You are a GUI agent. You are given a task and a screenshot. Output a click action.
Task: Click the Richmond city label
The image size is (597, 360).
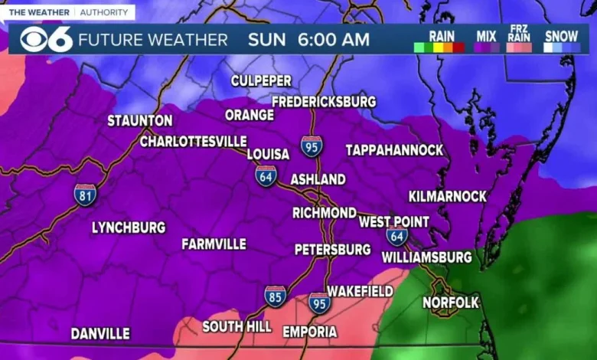coord(325,212)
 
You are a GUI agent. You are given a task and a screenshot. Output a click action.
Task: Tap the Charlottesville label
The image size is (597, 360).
coord(193,141)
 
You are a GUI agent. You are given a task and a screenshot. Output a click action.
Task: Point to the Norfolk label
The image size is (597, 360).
coord(451,303)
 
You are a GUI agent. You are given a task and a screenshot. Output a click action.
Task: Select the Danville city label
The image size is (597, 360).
coord(100,334)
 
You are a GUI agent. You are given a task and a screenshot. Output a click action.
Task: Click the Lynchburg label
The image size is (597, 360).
coord(129,227)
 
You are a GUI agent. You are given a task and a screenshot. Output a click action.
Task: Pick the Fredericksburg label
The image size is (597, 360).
coord(324,101)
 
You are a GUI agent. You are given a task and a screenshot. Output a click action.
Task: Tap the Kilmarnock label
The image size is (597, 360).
coord(448,196)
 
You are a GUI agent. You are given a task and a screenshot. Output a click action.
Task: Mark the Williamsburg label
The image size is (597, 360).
coord(426,257)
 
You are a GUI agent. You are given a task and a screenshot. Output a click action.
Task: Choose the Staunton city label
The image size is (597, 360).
coord(140,121)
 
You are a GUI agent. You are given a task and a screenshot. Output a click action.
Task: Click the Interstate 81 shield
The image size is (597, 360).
coord(86,194)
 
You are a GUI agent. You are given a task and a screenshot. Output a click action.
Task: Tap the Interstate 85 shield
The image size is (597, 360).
coord(276,296)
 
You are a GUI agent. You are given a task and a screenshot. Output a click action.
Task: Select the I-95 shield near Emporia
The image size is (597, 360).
coord(320,303)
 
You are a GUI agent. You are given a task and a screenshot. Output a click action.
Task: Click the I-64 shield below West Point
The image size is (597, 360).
coord(396,236)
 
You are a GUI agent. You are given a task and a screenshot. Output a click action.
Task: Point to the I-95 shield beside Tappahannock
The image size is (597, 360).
coord(312,146)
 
